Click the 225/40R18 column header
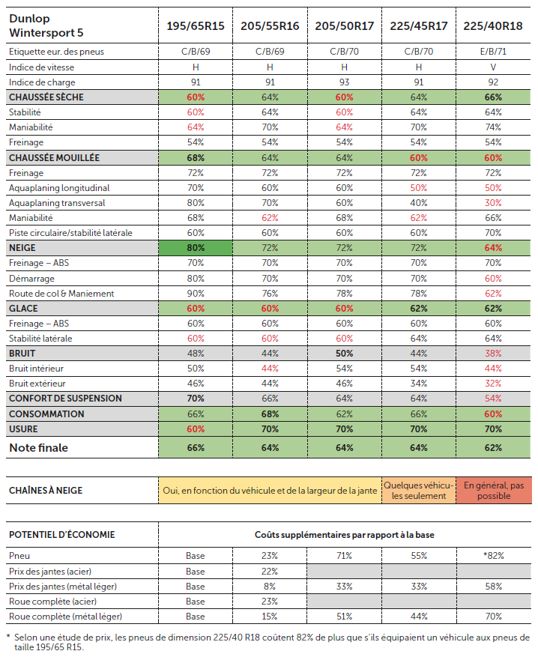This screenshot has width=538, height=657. [x=493, y=26]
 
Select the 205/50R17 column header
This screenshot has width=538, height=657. [x=345, y=26]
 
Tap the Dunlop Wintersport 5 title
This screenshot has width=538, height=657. [x=46, y=25]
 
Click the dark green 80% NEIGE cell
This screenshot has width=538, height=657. [x=196, y=248]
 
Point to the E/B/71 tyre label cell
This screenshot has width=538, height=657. [x=493, y=52]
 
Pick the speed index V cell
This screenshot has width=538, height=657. [x=493, y=67]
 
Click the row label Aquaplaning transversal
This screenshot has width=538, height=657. [x=57, y=203]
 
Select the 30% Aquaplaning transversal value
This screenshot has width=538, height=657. [x=493, y=203]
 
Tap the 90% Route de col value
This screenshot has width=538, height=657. [x=196, y=294]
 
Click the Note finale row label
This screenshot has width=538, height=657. [x=38, y=448]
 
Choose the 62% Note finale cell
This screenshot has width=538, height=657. [x=493, y=448]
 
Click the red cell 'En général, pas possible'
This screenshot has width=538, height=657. [x=494, y=491]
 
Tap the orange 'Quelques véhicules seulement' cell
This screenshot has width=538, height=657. [x=419, y=491]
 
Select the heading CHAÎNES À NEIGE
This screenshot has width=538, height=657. [x=46, y=490]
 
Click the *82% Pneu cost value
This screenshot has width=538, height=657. [x=494, y=556]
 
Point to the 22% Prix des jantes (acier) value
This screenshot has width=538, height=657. [x=270, y=571]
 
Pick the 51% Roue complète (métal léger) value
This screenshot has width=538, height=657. [x=344, y=617]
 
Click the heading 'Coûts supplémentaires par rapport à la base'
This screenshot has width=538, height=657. [x=345, y=535]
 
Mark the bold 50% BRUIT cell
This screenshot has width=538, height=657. [x=345, y=354]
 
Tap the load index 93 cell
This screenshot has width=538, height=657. [x=345, y=82]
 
